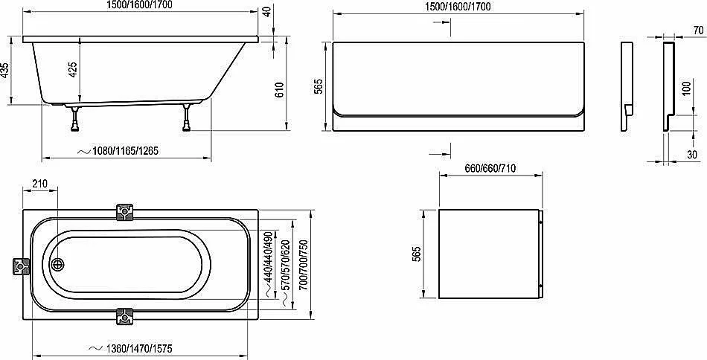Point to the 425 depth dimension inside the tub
click(x=73, y=69)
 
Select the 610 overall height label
click(x=280, y=91)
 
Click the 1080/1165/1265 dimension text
click(x=119, y=152)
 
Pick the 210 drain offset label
click(x=39, y=184)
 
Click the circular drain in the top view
click(x=58, y=265)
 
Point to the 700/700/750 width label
click(x=304, y=265)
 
